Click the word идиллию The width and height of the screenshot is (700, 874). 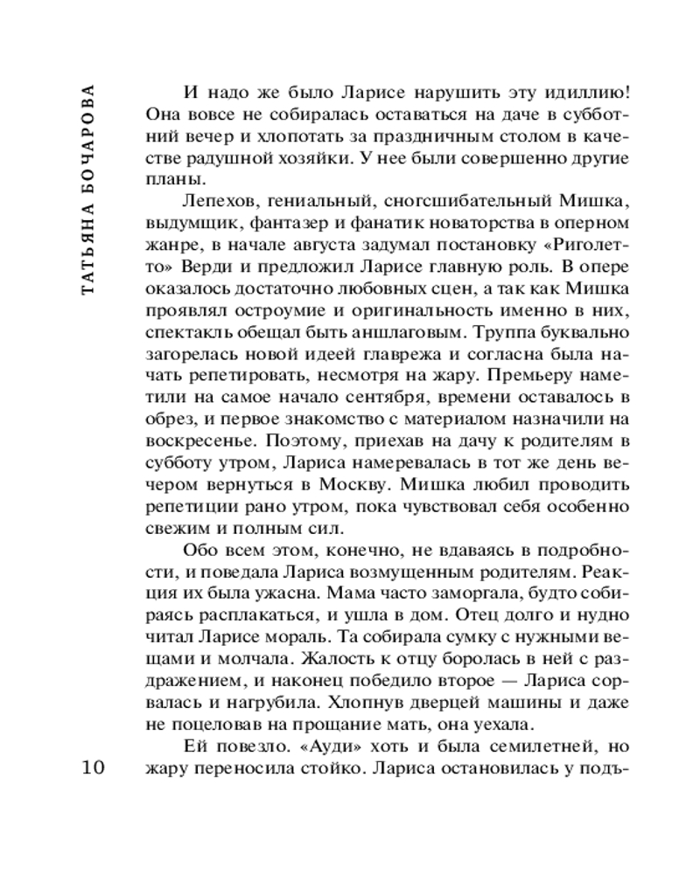point(575,93)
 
